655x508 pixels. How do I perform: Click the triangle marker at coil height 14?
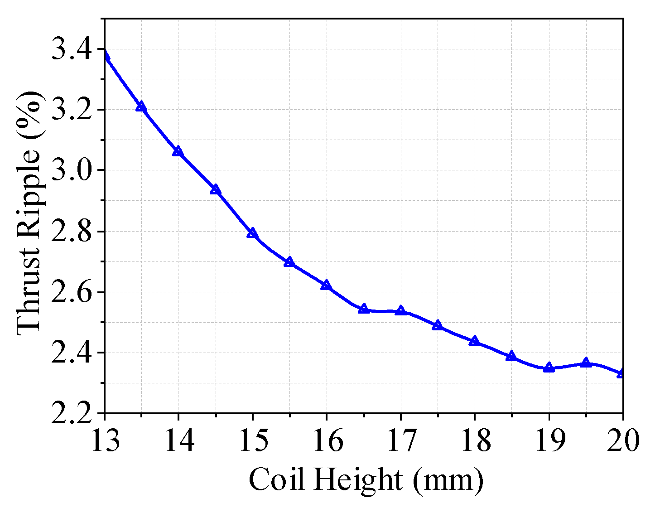point(178,151)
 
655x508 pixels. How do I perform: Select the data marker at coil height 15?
point(252,233)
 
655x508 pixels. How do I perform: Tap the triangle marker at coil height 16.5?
point(363,309)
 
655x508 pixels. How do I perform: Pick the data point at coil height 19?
point(549,367)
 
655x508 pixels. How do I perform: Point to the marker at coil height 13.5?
point(141,106)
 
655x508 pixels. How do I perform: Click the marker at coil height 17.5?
point(437,325)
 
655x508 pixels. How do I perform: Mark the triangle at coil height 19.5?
point(586,362)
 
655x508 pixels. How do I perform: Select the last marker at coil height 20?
point(622,373)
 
